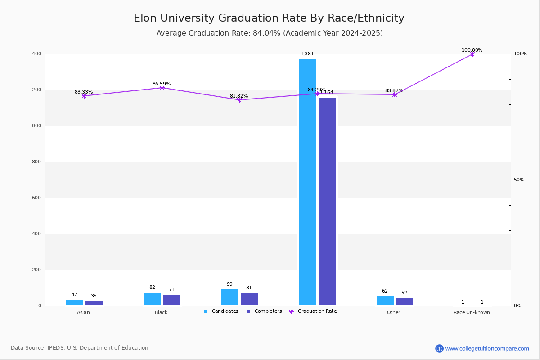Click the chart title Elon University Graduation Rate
click(269, 18)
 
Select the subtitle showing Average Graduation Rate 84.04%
click(270, 33)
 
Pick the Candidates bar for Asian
click(75, 302)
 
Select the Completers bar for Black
click(172, 300)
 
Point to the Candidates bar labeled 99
click(230, 297)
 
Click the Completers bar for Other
click(405, 301)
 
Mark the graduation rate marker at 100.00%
click(472, 54)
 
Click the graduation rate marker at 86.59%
click(162, 88)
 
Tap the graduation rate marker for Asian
click(84, 96)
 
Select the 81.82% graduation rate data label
click(239, 96)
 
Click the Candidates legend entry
click(221, 311)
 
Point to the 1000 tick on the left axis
click(36, 126)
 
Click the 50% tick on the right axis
click(519, 180)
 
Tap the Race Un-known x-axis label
click(472, 313)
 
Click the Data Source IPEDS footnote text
click(80, 348)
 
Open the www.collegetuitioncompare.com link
click(487, 348)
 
